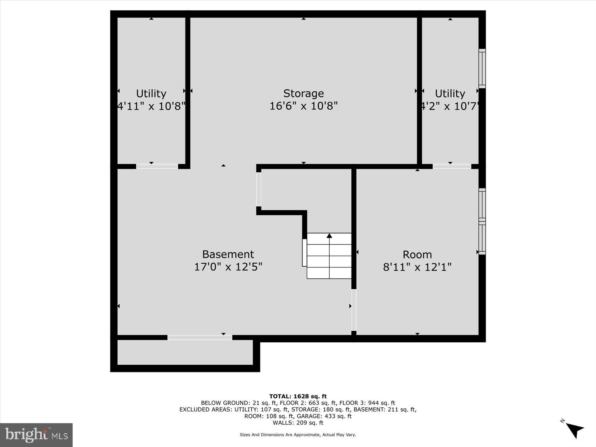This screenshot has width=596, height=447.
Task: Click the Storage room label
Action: coord(303,93)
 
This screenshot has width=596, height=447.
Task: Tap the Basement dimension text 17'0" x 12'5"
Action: coord(228,267)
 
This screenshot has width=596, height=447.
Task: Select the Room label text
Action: coord(417,255)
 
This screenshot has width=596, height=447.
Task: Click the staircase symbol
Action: coord(329,256)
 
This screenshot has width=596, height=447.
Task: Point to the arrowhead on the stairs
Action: coord(329,236)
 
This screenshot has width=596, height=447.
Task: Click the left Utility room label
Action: coord(151,93)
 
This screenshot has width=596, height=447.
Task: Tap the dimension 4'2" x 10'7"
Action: coord(450,106)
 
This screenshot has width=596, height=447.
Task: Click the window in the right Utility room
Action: coord(482,69)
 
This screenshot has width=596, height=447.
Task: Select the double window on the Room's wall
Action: coord(482,222)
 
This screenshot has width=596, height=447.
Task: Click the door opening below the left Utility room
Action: coord(157,167)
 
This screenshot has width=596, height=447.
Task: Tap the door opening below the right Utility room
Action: coord(452,167)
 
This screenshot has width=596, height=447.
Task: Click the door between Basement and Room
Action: coord(354,310)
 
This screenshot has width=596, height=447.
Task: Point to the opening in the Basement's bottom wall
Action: coord(200,337)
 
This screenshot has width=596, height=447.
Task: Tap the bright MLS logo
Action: coord(36,435)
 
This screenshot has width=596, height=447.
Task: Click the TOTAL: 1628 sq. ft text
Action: coord(298,396)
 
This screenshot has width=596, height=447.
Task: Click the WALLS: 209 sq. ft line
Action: coord(298,423)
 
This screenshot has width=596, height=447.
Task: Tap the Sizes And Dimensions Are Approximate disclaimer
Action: coord(298,435)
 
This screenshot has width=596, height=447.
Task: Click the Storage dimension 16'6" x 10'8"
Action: coord(303,106)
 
